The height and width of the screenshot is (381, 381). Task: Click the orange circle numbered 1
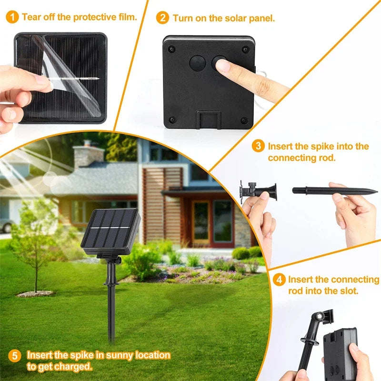(x=13, y=18)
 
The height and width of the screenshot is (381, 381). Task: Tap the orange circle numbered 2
(x=163, y=18)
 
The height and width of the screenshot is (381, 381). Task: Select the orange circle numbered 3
(x=258, y=146)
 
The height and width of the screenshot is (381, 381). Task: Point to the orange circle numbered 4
(x=280, y=280)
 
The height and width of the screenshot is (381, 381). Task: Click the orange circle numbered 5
(x=15, y=356)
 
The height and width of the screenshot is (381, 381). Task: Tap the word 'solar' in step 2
(x=235, y=19)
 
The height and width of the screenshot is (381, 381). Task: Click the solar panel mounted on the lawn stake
(x=110, y=231)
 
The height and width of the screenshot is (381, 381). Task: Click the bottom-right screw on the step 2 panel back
(x=244, y=120)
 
